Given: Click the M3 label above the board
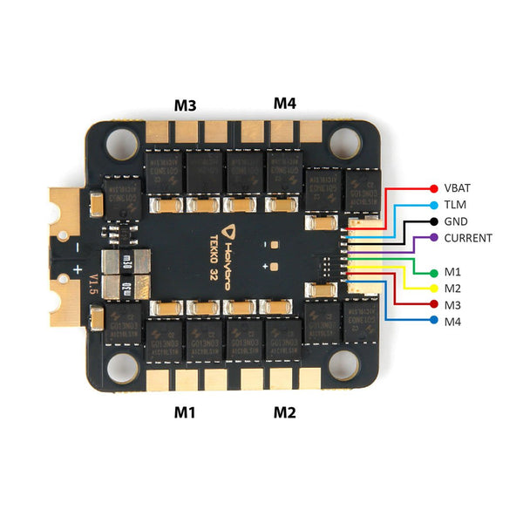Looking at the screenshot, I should coord(185,105).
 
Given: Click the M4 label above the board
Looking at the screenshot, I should coord(285,103).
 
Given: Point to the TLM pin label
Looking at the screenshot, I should coord(454,205).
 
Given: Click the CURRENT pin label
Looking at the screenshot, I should coord(468,238).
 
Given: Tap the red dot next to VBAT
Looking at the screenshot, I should coord(434,188).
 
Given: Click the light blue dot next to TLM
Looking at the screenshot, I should coord(434,205).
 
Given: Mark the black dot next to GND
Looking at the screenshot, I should coord(434,221).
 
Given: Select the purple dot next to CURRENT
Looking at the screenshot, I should coord(434,238).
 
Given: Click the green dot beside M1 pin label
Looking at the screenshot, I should coord(434,271).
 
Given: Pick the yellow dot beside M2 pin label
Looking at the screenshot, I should coord(434,288).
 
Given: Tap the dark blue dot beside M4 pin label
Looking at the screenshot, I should coord(434,321).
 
